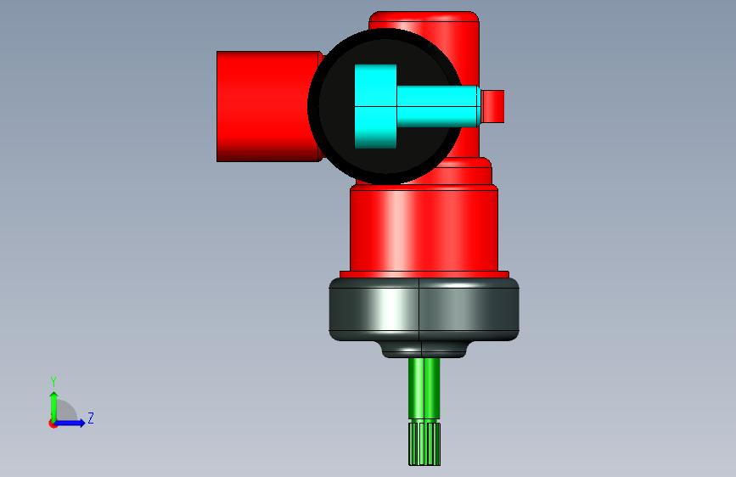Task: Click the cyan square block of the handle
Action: (375, 107)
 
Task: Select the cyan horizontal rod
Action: (438, 107)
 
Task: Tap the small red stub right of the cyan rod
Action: (493, 107)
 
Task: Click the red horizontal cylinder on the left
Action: (267, 107)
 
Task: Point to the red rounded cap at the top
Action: (424, 18)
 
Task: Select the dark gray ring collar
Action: (424, 309)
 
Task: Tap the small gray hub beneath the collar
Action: (424, 350)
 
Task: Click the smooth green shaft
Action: (424, 389)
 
